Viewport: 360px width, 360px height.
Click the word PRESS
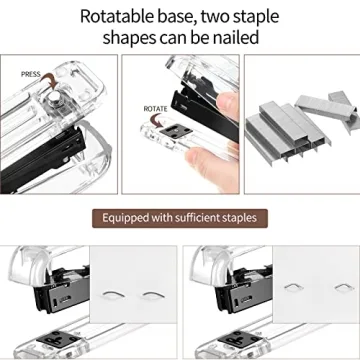[31, 74]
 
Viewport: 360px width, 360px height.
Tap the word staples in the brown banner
[235, 217]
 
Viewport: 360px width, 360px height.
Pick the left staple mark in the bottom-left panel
[124, 296]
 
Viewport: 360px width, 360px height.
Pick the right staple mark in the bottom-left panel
[153, 296]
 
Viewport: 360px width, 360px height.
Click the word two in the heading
[237, 16]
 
